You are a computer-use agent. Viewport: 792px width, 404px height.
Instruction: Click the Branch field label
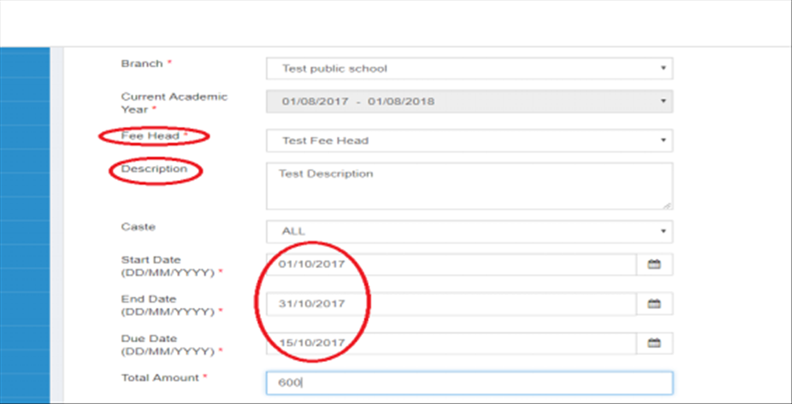point(142,63)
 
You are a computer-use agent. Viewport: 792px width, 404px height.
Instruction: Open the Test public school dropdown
point(469,68)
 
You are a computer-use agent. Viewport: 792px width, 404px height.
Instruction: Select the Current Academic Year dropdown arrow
point(663,101)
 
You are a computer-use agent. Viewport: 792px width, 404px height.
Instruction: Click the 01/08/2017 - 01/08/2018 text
point(358,101)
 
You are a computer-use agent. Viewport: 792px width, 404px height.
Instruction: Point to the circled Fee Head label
point(150,136)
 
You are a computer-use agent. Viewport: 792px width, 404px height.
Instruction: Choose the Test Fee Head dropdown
point(469,140)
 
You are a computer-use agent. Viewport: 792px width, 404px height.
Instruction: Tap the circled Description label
point(154,169)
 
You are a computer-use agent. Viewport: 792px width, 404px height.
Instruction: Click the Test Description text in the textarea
point(326,174)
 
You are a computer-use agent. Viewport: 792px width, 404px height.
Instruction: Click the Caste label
point(139,227)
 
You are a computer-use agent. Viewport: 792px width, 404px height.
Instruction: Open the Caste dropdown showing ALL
point(469,231)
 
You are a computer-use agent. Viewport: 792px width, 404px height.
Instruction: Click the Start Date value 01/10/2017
point(312,264)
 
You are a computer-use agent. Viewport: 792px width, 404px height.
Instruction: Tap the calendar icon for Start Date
point(654,264)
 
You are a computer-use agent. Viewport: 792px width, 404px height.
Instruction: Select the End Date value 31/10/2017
point(312,304)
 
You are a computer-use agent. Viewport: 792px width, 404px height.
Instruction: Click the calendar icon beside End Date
point(654,304)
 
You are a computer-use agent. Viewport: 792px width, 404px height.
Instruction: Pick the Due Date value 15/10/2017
point(312,343)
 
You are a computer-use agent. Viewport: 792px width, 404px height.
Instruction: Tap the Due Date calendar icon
point(654,343)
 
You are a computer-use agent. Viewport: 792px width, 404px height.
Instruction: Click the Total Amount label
point(160,377)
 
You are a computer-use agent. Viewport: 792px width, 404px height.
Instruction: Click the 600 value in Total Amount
point(290,383)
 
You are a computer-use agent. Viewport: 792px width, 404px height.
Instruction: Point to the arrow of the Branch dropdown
point(663,68)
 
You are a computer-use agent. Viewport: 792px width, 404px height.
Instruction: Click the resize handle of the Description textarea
point(667,204)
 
